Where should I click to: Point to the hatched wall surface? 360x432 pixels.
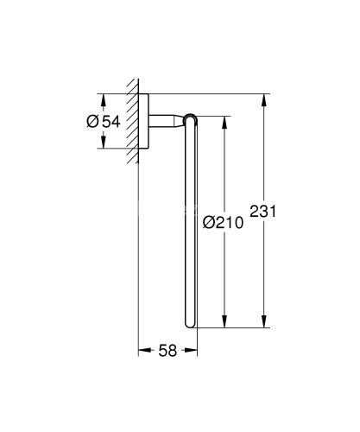point(132,120)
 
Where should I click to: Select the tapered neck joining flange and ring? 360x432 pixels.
point(172,120)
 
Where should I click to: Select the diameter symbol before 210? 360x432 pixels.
point(210,222)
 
